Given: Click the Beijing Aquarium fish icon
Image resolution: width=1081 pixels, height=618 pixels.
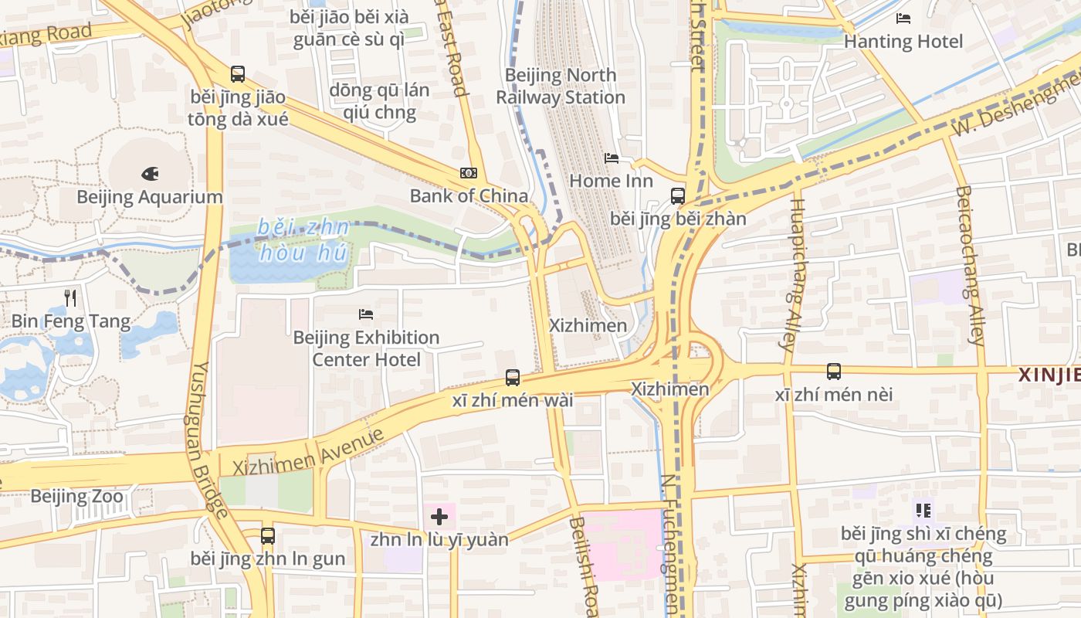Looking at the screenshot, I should (150, 174).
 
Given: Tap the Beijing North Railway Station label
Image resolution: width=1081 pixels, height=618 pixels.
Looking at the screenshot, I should (560, 86).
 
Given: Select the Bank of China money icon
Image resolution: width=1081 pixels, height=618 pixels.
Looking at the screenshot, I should (468, 173).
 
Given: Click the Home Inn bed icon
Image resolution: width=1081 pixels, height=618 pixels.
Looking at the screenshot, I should (612, 158).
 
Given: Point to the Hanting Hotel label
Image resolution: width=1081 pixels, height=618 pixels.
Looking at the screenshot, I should (903, 41).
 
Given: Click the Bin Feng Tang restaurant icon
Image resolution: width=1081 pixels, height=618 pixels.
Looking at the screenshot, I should (70, 297).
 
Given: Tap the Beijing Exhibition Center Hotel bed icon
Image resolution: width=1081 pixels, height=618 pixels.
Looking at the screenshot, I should (367, 314).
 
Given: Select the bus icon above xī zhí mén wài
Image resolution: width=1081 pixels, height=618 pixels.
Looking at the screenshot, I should (513, 378).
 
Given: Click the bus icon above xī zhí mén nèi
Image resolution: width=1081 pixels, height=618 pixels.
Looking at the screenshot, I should (834, 372).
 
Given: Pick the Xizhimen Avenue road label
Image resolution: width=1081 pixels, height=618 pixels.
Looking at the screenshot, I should (309, 451).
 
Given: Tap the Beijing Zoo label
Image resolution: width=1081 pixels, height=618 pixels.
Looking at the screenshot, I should (76, 496).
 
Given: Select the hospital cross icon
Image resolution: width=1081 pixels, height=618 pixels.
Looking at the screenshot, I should (439, 517).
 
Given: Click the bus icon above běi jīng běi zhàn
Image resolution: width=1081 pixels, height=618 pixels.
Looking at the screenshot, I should (678, 196).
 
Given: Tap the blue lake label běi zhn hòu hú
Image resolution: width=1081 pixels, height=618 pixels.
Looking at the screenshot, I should (303, 239).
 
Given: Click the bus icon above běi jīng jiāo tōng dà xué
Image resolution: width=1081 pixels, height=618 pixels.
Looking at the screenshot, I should (238, 74).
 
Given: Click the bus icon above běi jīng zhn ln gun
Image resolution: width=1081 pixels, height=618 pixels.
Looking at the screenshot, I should (268, 535).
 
